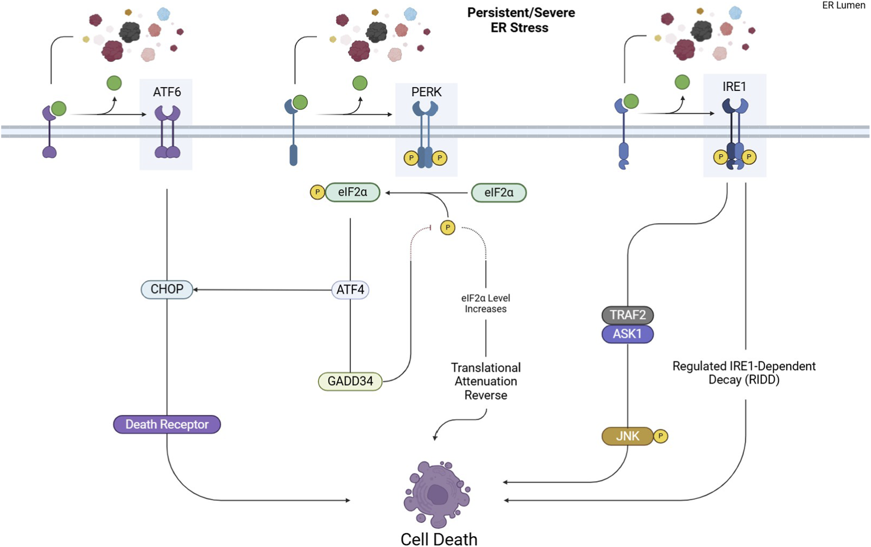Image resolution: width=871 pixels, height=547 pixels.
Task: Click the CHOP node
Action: tap(167, 289)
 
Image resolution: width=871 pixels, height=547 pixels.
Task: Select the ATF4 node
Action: tap(350, 290)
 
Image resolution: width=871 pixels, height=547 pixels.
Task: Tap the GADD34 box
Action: tap(350, 381)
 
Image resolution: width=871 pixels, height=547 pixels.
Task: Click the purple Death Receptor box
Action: tap(167, 425)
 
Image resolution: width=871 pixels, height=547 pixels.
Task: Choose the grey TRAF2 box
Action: tap(627, 315)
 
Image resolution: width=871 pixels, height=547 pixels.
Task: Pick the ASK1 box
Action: tap(627, 334)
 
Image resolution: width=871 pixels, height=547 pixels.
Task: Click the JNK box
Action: tap(628, 436)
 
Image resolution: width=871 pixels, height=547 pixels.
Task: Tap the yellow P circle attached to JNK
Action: tap(661, 436)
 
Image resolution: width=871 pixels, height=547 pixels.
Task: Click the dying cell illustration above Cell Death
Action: tap(437, 493)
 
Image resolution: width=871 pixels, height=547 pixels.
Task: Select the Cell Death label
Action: tap(438, 539)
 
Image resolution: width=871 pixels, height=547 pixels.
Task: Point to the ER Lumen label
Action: tap(843, 5)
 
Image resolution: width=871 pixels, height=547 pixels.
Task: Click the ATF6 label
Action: tap(167, 92)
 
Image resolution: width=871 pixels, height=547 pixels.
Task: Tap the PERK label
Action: tap(426, 92)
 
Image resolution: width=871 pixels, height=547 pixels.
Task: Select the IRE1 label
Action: tap(734, 87)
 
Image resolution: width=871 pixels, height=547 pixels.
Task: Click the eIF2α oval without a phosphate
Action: tap(498, 193)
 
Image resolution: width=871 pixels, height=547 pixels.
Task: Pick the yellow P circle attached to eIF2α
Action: tap(318, 192)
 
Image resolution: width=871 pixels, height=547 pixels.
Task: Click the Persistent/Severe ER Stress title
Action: tap(521, 20)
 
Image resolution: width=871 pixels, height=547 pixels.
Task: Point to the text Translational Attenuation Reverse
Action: tap(486, 381)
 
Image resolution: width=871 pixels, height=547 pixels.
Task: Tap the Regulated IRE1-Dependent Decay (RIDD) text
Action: tap(744, 373)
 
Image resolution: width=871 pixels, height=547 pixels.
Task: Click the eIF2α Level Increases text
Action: tap(486, 304)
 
